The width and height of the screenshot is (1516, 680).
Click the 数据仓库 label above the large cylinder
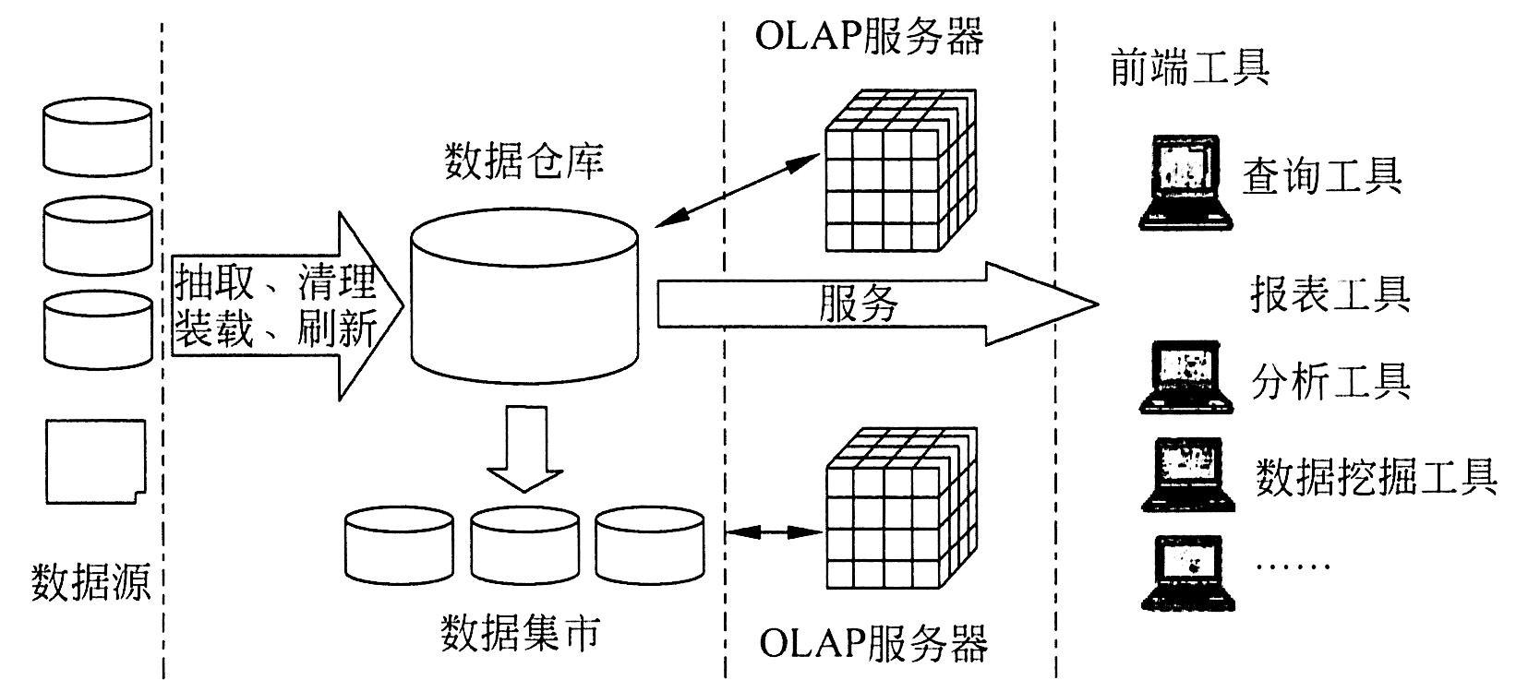[x=523, y=161]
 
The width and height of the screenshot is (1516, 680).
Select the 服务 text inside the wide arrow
[x=858, y=304]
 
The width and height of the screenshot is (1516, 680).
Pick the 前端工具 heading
[x=1189, y=67]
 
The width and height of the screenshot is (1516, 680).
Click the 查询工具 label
[x=1321, y=174]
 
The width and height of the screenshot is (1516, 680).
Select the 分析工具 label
[x=1330, y=378]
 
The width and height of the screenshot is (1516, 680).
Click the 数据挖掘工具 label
[x=1375, y=476]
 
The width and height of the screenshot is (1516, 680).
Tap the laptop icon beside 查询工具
[x=1185, y=182]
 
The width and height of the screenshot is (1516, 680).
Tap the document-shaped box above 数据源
[x=96, y=461]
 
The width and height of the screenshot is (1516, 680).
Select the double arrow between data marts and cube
[x=774, y=532]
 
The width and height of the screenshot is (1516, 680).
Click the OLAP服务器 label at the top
[x=869, y=36]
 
